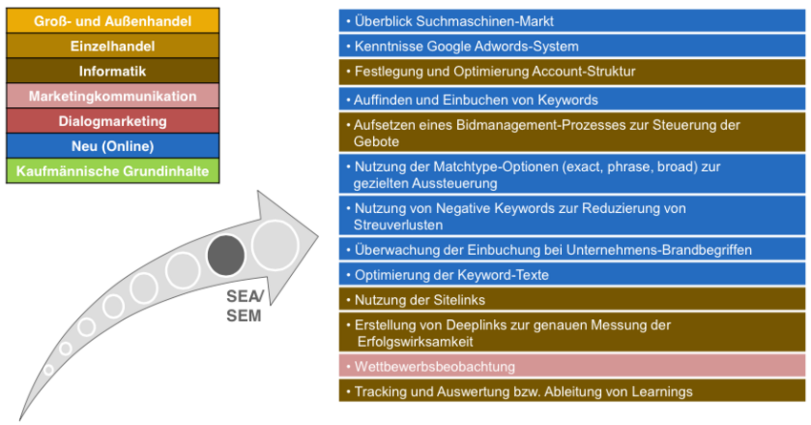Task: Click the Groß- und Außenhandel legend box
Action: [113, 21]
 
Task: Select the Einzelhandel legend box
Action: [113, 46]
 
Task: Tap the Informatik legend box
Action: [113, 71]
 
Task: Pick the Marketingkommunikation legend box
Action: [113, 96]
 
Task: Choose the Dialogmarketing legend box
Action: [113, 121]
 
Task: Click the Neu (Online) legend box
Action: [113, 146]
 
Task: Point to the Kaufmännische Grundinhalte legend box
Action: [113, 171]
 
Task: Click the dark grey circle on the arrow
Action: [226, 255]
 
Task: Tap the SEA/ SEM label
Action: [244, 306]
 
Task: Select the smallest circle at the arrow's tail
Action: [49, 371]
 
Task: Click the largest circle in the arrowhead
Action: [275, 245]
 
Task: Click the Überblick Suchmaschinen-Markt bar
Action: [572, 21]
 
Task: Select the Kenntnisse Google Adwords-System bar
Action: [572, 46]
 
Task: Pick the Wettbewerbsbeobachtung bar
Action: [572, 367]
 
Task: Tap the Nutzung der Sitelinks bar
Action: [572, 300]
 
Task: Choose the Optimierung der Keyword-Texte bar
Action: [572, 275]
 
